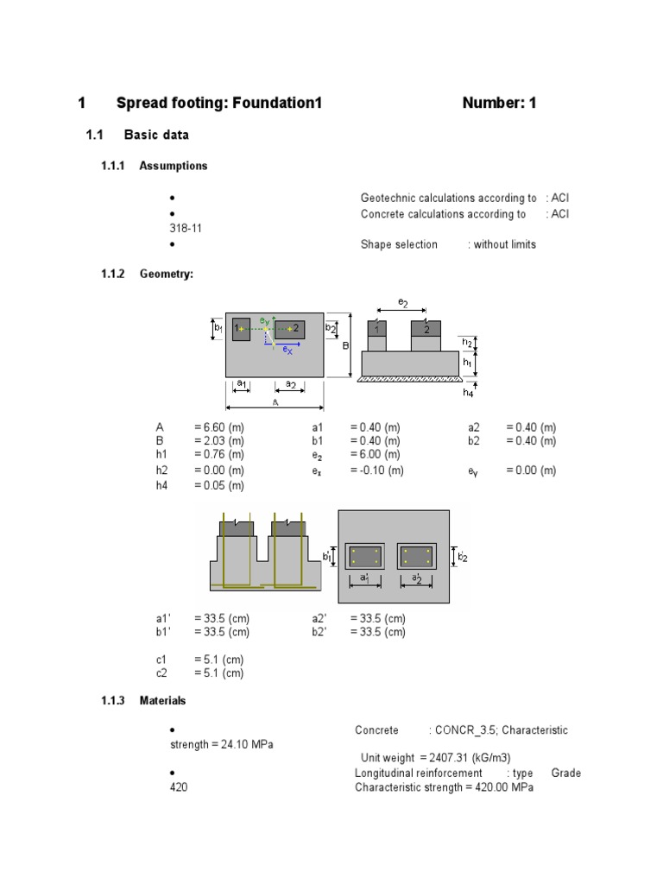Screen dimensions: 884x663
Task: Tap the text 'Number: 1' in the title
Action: click(499, 104)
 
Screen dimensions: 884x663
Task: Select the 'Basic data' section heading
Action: click(156, 135)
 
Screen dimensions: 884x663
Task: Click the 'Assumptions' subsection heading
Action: click(173, 166)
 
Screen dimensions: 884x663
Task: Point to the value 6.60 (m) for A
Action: click(219, 427)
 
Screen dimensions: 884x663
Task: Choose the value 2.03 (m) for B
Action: click(219, 440)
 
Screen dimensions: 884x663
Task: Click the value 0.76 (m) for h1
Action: click(219, 454)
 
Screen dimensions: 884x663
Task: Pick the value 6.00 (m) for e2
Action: click(375, 454)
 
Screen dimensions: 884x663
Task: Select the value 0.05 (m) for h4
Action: click(219, 485)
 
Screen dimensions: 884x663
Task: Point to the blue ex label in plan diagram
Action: click(287, 350)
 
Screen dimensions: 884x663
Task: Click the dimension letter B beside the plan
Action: click(344, 345)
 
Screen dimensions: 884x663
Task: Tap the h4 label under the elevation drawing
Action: click(468, 392)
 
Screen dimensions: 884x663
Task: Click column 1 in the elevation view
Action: click(377, 329)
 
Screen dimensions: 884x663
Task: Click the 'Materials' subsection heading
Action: click(162, 700)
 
